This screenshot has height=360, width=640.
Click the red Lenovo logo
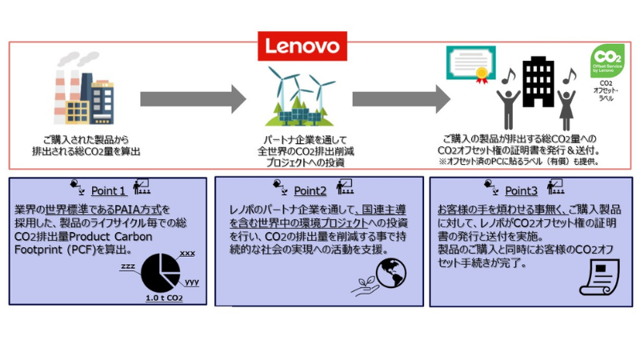coord(302,46)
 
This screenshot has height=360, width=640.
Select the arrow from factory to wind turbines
coord(193,98)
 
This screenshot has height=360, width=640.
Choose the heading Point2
coord(310,190)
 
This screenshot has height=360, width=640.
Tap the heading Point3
coord(521,190)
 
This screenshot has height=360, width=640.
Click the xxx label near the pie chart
coord(186,253)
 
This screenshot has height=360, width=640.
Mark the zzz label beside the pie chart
coord(127,265)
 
